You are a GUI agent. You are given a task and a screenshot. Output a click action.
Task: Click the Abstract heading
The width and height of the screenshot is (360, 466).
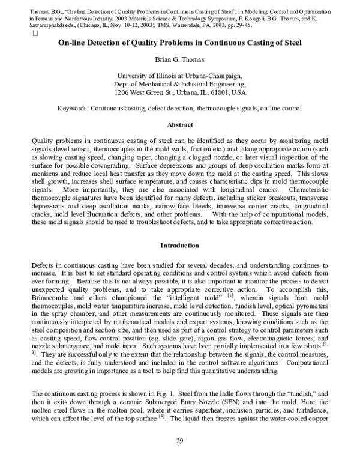coord(179,125)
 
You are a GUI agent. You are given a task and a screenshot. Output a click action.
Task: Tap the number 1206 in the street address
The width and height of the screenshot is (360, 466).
coord(122,93)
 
